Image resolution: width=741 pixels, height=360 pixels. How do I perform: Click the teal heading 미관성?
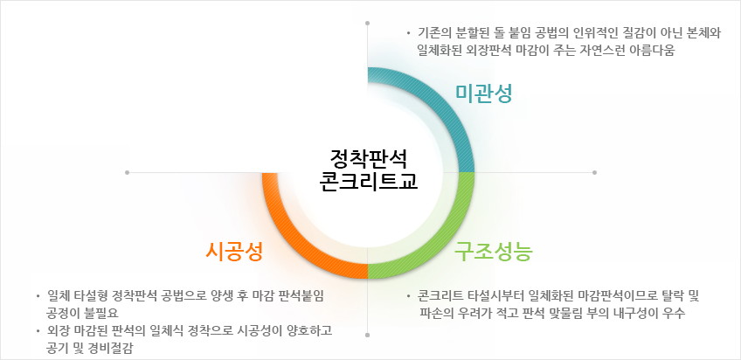tap(483, 93)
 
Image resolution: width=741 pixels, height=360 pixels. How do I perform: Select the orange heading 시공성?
tap(234, 252)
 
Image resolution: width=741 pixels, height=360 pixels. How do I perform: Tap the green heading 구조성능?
tap(494, 252)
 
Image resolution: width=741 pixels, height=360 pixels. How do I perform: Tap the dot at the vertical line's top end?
tap(368, 23)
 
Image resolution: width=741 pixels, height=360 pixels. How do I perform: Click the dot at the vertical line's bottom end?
tap(368, 335)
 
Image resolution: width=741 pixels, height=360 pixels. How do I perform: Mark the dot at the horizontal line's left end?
tap(127, 172)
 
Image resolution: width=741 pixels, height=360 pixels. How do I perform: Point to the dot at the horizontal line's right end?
tap(594, 172)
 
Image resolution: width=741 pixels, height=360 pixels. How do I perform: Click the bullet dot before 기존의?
tap(409, 33)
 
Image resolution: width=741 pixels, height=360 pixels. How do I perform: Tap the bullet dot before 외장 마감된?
tap(38, 331)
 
